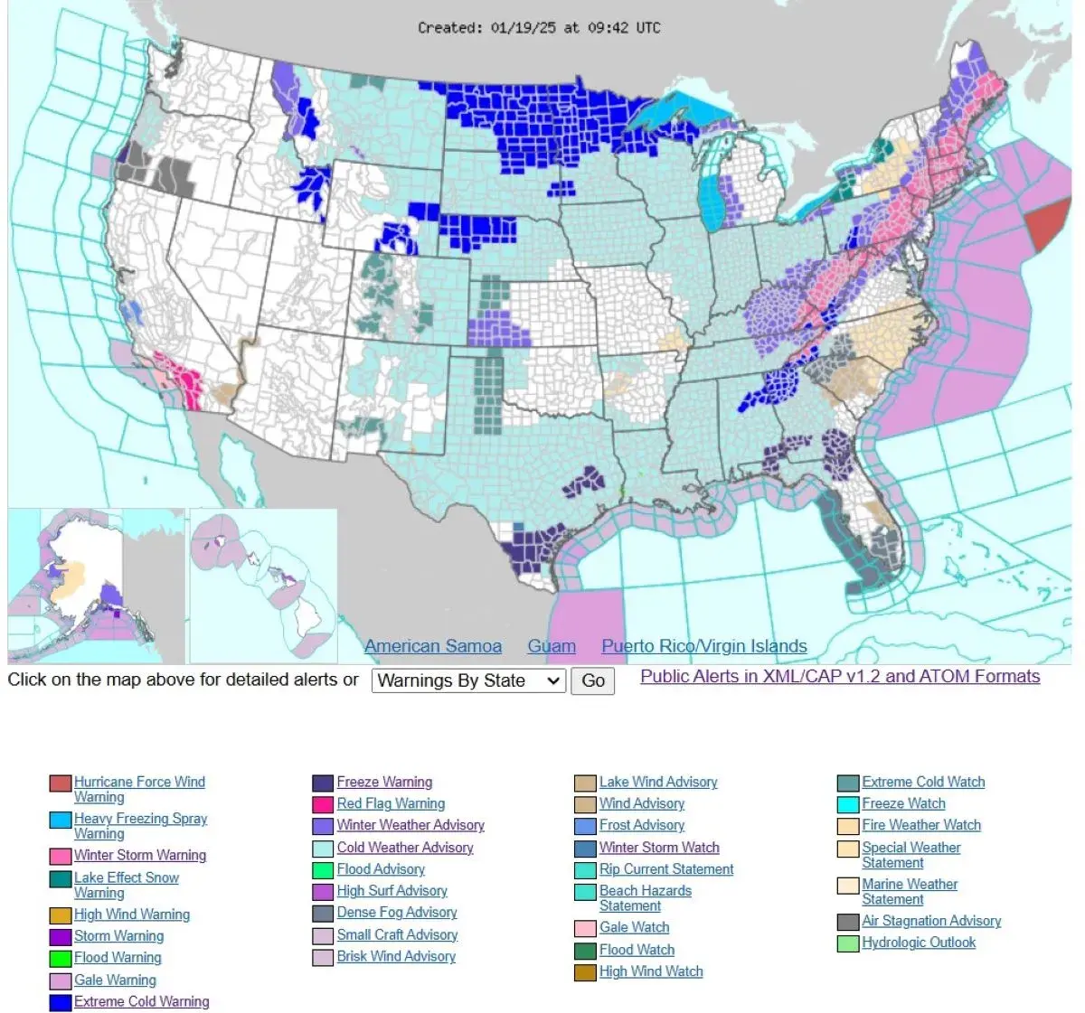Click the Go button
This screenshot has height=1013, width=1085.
(592, 680)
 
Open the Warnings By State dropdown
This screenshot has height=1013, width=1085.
(468, 680)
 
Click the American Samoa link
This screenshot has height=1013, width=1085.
(432, 646)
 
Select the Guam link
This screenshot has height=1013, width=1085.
(552, 646)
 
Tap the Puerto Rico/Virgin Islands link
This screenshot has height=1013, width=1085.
(704, 646)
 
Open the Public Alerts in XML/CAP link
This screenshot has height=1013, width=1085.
(840, 677)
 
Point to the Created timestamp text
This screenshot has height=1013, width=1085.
(539, 28)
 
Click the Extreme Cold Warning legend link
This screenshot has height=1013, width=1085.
(141, 1001)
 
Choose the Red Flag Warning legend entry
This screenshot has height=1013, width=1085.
(391, 803)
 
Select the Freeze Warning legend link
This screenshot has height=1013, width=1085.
(384, 782)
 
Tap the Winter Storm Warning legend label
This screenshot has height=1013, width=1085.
(140, 855)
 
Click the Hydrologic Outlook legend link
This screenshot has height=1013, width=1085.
(919, 943)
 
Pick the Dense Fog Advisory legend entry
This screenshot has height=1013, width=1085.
(397, 913)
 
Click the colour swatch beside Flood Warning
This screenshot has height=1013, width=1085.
(61, 959)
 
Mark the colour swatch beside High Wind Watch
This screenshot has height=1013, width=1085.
(585, 972)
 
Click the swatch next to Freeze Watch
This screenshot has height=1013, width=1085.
(848, 804)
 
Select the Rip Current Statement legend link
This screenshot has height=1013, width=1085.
(666, 869)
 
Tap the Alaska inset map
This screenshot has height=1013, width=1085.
(96, 586)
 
